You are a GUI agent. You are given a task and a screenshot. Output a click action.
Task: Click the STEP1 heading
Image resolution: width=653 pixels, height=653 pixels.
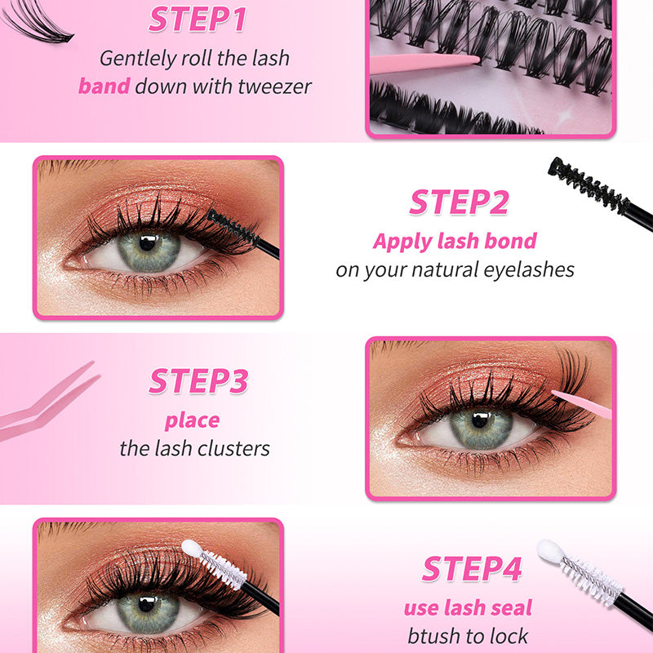[197, 20]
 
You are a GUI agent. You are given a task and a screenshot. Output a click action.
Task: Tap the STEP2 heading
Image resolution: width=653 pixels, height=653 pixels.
[459, 202]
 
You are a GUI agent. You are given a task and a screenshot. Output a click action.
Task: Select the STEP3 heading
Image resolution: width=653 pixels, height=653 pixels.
[198, 381]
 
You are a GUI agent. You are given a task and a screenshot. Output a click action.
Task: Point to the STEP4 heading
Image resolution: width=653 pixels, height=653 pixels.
[472, 569]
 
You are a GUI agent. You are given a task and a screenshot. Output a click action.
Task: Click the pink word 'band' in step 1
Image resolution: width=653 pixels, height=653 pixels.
[104, 86]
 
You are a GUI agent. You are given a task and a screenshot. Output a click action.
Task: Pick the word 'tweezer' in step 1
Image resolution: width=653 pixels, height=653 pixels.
[267, 86]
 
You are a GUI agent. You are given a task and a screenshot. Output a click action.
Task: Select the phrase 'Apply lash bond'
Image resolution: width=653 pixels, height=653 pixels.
[455, 241]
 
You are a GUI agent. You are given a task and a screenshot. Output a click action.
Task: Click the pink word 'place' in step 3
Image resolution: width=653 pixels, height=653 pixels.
[192, 420]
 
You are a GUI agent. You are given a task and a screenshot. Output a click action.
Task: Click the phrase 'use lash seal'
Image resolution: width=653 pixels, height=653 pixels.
[468, 607]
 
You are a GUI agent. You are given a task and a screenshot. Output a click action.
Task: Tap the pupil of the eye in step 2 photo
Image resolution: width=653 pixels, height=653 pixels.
[147, 243]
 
